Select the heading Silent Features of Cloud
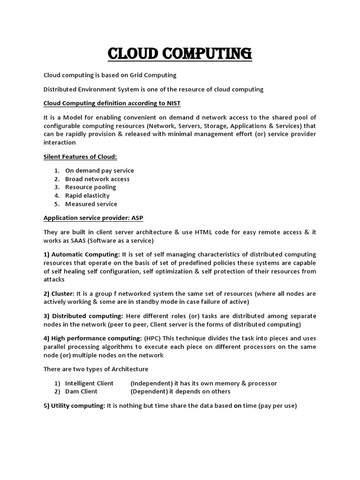click(x=80, y=156)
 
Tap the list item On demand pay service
click(x=99, y=171)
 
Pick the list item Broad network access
click(x=97, y=179)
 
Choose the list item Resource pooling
click(x=90, y=187)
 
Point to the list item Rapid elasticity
click(x=87, y=195)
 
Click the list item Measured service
click(x=91, y=204)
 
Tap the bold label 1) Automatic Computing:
click(x=82, y=255)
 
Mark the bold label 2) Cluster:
click(x=60, y=293)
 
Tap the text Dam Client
click(x=81, y=391)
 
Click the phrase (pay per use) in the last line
click(x=277, y=406)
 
